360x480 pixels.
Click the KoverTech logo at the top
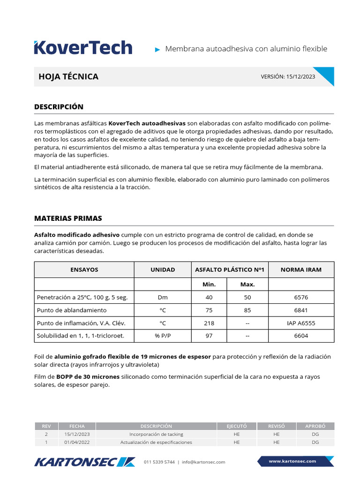coord(83,48)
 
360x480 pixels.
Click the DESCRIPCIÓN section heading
coord(59,107)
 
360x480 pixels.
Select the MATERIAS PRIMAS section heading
coord(68,218)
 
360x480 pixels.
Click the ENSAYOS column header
coord(84,270)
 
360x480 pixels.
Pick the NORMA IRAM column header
coord(301,270)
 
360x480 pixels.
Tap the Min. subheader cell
coord(209,285)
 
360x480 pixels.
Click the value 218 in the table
coord(209,323)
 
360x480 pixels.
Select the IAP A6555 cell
coord(301,323)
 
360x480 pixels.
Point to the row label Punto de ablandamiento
coord(71,310)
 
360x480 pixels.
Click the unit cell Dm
coord(163,297)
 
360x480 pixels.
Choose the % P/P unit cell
coord(163,336)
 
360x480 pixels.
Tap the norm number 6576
coord(301,297)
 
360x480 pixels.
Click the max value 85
coord(247,310)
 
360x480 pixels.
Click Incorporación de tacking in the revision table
coord(156,434)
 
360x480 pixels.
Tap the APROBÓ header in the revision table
coord(315,426)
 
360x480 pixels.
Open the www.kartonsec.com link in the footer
coord(292,461)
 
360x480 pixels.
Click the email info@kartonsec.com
coord(203,462)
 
